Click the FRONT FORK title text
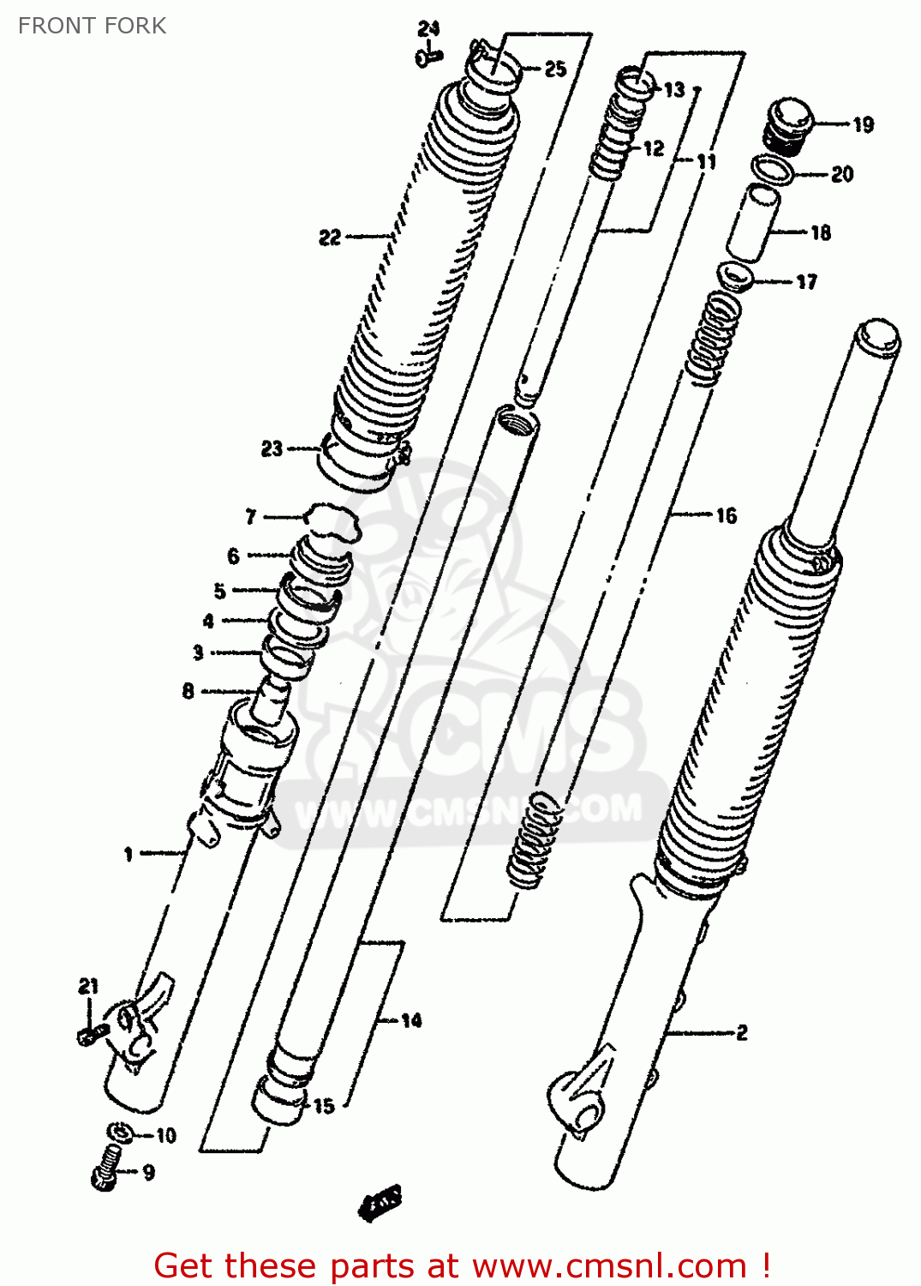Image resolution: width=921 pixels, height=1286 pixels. tap(92, 26)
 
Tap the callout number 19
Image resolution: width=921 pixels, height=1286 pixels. tap(863, 125)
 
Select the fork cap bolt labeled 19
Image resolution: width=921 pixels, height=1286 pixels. tap(790, 125)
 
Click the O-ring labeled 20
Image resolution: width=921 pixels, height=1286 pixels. tap(773, 170)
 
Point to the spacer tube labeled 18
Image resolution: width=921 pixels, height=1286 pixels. tap(754, 223)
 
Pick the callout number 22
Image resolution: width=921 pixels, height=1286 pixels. tap(330, 237)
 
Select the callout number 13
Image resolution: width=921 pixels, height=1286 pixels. tap(674, 90)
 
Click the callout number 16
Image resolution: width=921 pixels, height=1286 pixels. tap(726, 515)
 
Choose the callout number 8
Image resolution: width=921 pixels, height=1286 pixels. tap(188, 691)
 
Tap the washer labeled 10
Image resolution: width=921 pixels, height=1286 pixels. tap(121, 1133)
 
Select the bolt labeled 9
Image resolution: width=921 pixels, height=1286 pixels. tap(106, 1168)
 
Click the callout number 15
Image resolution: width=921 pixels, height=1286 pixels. tap(323, 1106)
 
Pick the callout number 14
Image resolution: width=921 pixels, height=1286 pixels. tap(411, 1020)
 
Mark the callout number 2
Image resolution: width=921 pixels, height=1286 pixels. tap(742, 1033)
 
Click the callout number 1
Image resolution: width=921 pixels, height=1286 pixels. tap(129, 854)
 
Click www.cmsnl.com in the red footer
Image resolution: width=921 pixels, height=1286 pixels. tap(609, 1265)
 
